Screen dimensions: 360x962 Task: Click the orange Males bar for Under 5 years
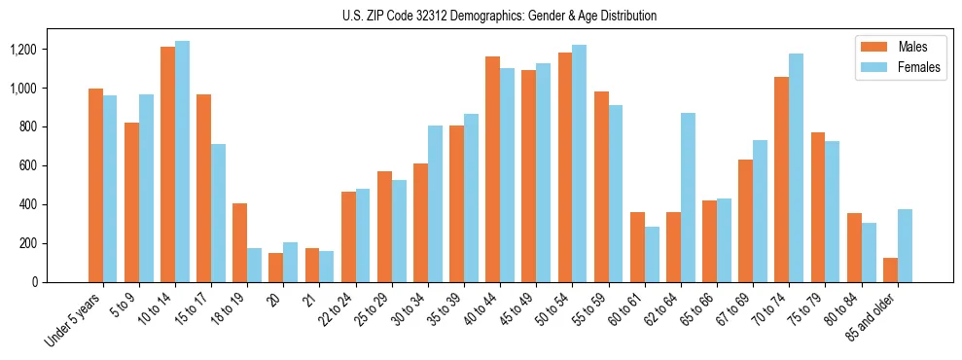tap(95, 185)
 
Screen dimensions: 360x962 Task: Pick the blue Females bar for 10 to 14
tap(182, 162)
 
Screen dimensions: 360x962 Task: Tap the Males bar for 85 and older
tap(889, 270)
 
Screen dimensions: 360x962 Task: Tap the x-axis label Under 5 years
tap(74, 319)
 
